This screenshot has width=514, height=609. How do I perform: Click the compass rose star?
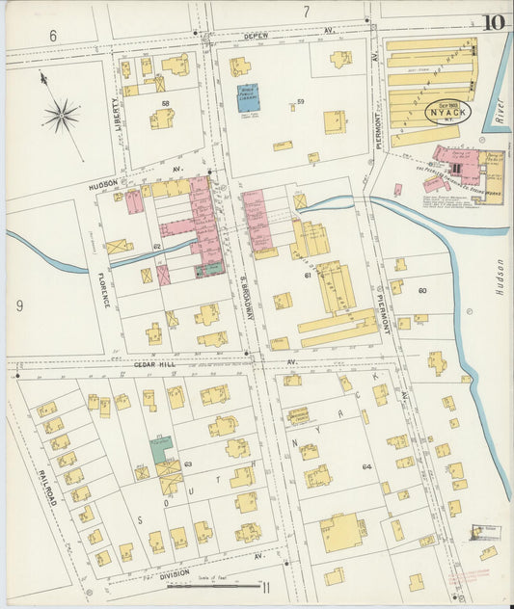(x=61, y=116)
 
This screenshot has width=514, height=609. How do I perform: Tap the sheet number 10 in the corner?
(x=494, y=21)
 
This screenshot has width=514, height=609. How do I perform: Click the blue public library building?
(x=248, y=97)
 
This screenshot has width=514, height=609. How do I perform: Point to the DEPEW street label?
(x=256, y=35)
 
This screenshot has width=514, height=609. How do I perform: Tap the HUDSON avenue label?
(x=103, y=181)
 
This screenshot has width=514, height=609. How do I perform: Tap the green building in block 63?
(x=161, y=449)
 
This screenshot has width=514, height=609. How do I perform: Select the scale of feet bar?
(x=226, y=585)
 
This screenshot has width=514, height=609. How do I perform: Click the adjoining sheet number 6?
(x=53, y=35)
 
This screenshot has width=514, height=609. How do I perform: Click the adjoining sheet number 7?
(x=306, y=12)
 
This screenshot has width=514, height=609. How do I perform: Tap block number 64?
(x=366, y=467)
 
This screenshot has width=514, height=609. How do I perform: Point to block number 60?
(x=421, y=290)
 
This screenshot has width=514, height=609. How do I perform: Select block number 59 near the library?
(x=301, y=101)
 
